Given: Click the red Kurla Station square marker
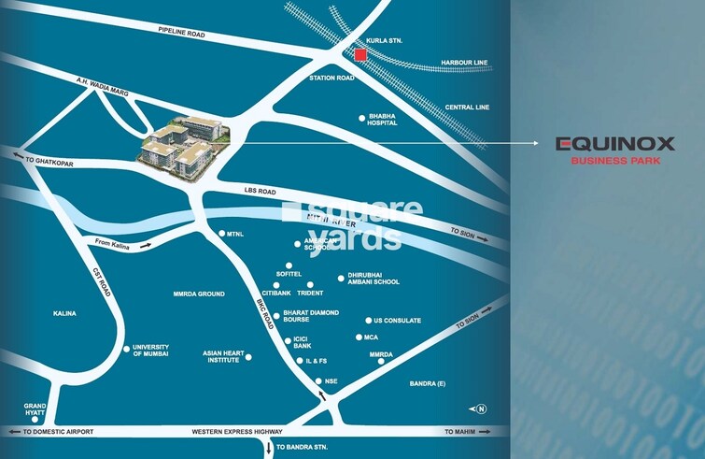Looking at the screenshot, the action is click(x=360, y=55).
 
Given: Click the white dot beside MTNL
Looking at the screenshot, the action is click(x=221, y=234).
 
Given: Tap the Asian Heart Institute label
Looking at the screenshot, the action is click(x=222, y=356).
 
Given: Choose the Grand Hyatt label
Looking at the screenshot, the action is click(x=35, y=410).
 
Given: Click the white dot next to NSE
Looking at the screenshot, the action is click(x=318, y=381).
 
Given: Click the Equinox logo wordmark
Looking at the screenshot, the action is click(x=615, y=144).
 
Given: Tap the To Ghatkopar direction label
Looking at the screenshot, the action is click(x=49, y=161).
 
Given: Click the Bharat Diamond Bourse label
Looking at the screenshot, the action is click(x=310, y=316).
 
